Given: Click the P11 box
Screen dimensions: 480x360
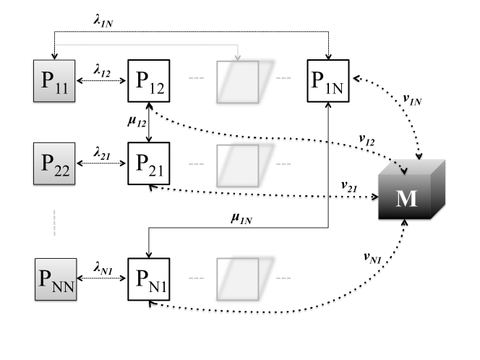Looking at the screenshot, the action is pos(54,81).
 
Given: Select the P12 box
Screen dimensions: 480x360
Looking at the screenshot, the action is pos(149,81).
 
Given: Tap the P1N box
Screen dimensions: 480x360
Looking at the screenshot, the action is pos(328,81).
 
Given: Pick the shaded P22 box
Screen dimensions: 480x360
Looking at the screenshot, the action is pos(54,163).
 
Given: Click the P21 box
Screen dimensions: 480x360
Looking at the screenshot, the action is pos(149,163).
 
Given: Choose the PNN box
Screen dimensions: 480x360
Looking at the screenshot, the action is pos(56,279).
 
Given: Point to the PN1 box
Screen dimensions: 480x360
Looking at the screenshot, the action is pos(149,279).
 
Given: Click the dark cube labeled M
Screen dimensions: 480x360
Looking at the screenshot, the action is pos(412,189).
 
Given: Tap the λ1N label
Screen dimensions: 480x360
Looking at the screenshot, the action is pos(103,21).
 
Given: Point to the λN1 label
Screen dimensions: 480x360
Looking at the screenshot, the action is pos(103,268).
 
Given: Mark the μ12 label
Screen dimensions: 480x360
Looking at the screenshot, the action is pos(137,121).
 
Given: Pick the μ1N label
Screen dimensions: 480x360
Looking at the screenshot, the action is pos(241,218).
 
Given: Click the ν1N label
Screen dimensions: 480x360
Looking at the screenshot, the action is pos(412,100).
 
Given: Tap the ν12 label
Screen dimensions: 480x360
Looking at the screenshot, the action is pos(367,140).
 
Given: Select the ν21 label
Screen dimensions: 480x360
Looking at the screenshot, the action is pos(349,187).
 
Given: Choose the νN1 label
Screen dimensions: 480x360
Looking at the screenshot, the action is pos(372,258).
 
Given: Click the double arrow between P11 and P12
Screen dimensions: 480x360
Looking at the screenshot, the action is pos(101,81).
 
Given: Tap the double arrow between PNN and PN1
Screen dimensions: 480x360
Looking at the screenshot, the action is pos(102,278).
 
